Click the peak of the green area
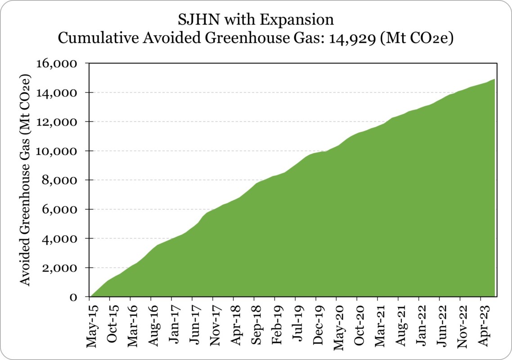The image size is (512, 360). tap(495, 80)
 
